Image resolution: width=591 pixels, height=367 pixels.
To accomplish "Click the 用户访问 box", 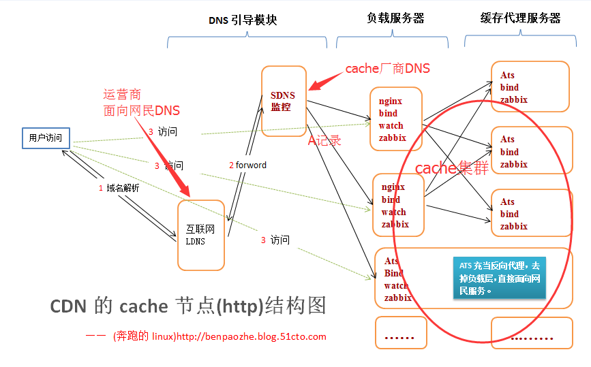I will (45, 138).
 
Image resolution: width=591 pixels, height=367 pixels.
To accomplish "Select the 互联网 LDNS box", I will (200, 235).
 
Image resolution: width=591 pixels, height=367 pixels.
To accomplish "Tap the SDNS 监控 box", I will (284, 100).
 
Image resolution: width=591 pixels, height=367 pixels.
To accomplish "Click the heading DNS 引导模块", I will (243, 20).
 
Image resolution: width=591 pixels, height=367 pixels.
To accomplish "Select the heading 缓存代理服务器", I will (521, 18).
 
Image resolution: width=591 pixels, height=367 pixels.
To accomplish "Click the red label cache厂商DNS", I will (387, 69).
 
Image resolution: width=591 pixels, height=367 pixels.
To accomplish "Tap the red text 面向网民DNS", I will (142, 110).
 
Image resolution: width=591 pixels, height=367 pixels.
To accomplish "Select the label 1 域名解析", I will (119, 188).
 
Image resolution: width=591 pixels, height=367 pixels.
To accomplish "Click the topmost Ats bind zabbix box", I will (530, 86).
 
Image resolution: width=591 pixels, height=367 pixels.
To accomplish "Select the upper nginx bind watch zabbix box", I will (396, 118).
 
